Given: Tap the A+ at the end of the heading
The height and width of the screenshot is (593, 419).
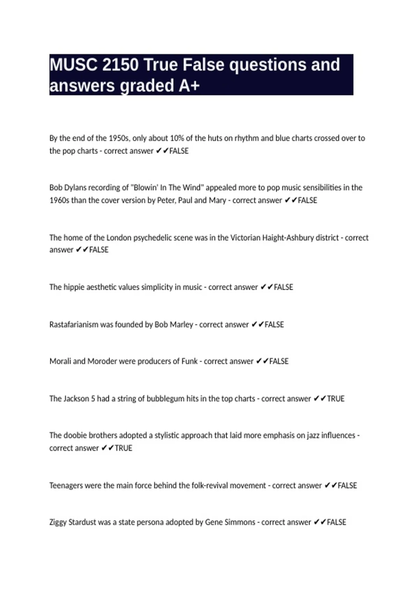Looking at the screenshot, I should pos(189,86).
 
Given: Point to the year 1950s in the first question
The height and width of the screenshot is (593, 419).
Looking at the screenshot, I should pos(119,138).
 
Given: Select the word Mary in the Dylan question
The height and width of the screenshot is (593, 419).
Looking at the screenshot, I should pos(217,200).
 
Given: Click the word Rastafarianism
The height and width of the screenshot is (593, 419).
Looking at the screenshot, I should pos(74,324).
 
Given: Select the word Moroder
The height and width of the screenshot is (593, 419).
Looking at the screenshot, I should pos(102,361).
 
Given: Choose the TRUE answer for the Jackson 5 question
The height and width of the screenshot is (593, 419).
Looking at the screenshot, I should pos(336,398).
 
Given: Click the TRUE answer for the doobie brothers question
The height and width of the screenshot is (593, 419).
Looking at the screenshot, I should pos(123,448).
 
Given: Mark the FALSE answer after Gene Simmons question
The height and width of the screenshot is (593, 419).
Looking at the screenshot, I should pos(336,522).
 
